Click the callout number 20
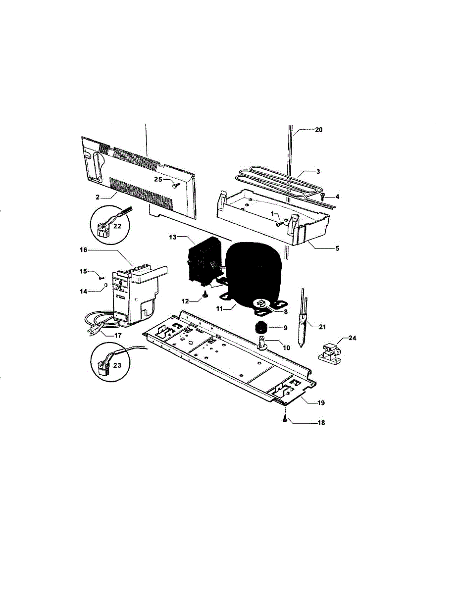(318, 130)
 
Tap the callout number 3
(318, 171)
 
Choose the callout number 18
(321, 423)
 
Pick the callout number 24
(352, 339)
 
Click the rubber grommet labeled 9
(260, 327)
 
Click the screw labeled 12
(204, 296)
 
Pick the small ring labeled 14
(105, 287)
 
